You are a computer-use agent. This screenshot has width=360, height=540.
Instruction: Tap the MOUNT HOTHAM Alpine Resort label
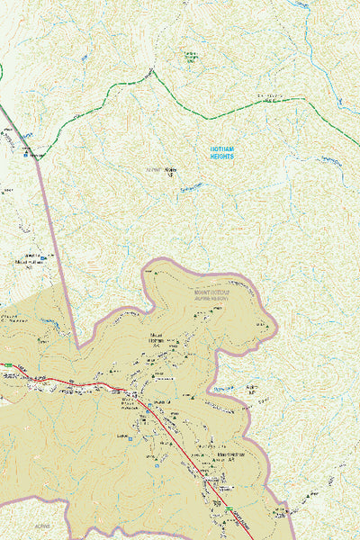(x=210, y=295)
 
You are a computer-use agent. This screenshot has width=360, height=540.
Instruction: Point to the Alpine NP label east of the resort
(x=253, y=390)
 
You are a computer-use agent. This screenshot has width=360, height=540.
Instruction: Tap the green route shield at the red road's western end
(x=7, y=365)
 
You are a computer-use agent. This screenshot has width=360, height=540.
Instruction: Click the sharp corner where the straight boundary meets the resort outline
(x=79, y=347)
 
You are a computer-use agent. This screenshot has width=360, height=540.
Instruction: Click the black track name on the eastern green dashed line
(x=270, y=97)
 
